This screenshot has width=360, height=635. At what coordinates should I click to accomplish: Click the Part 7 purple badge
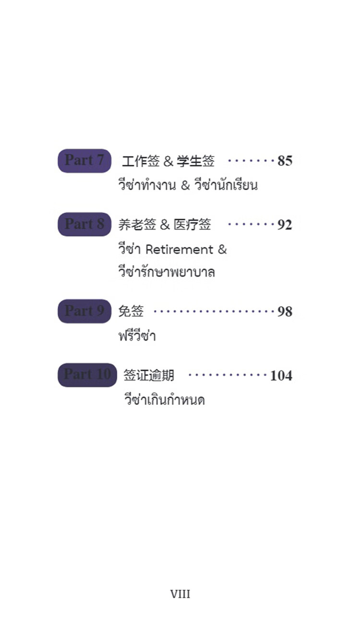pyautogui.click(x=84, y=161)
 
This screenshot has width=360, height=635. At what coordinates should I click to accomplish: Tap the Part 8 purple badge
pyautogui.click(x=84, y=224)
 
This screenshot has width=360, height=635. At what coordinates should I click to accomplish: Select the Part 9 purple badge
pyautogui.click(x=84, y=311)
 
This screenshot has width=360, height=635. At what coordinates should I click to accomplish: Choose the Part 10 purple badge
pyautogui.click(x=87, y=375)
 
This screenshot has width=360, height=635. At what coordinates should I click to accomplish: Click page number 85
pyautogui.click(x=285, y=161)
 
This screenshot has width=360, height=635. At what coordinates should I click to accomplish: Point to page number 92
pyautogui.click(x=285, y=225)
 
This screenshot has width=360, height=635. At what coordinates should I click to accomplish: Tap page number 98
pyautogui.click(x=285, y=312)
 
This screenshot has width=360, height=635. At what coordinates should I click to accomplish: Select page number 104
pyautogui.click(x=281, y=376)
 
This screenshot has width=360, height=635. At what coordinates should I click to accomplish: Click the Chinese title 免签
pyautogui.click(x=131, y=311)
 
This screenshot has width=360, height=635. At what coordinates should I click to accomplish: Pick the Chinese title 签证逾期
pyautogui.click(x=149, y=375)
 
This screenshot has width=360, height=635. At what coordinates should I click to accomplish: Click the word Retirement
pyautogui.click(x=179, y=249)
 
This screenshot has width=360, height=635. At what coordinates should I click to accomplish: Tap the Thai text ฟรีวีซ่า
pyautogui.click(x=137, y=335)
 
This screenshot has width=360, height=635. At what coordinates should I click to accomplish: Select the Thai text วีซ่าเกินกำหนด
pyautogui.click(x=165, y=399)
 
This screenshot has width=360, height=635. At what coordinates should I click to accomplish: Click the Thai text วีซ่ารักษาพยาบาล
pyautogui.click(x=167, y=271)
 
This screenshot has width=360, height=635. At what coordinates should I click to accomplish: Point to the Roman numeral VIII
pyautogui.click(x=180, y=594)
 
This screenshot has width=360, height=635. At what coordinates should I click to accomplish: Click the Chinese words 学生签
pyautogui.click(x=196, y=161)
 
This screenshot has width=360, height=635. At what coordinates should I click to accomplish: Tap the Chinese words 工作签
pyautogui.click(x=141, y=161)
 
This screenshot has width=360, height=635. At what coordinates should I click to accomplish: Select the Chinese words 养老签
pyautogui.click(x=137, y=224)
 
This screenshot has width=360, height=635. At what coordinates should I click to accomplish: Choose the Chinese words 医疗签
pyautogui.click(x=192, y=224)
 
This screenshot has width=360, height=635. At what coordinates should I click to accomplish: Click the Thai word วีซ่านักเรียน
pyautogui.click(x=226, y=185)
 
